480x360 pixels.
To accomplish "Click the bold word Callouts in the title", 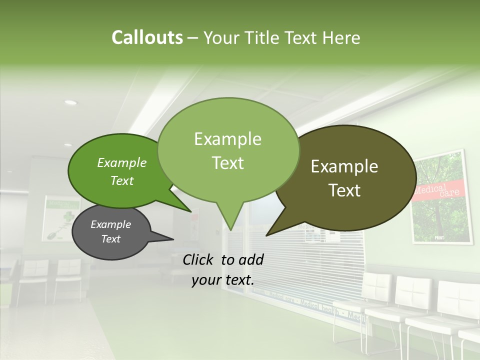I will coord(147,37).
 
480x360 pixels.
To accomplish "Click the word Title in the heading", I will coord(264,37).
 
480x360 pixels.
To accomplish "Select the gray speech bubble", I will coord(111,232).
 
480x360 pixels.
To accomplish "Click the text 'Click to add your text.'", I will coord(223,269).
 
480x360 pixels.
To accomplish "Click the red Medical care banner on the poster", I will coord(440,191).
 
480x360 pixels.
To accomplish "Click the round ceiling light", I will coord(71,102).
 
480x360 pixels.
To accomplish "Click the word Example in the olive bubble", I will coord(344,166).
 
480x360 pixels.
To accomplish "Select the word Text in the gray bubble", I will coord(111,239).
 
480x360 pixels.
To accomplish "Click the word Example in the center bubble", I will coord(228,138).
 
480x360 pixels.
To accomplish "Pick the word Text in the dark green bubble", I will coord(122,180).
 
